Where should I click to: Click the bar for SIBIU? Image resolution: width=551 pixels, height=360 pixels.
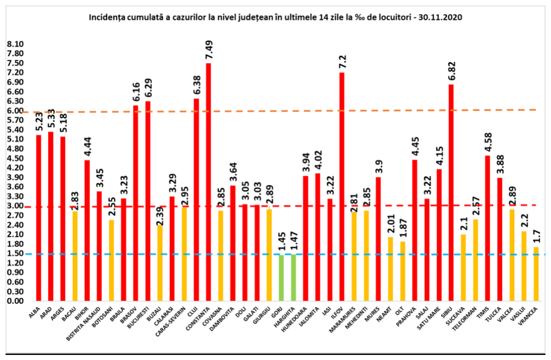[451, 192]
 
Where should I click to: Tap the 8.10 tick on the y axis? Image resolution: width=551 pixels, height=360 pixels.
[15, 44]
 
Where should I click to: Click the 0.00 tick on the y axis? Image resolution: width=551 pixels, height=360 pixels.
[15, 301]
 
